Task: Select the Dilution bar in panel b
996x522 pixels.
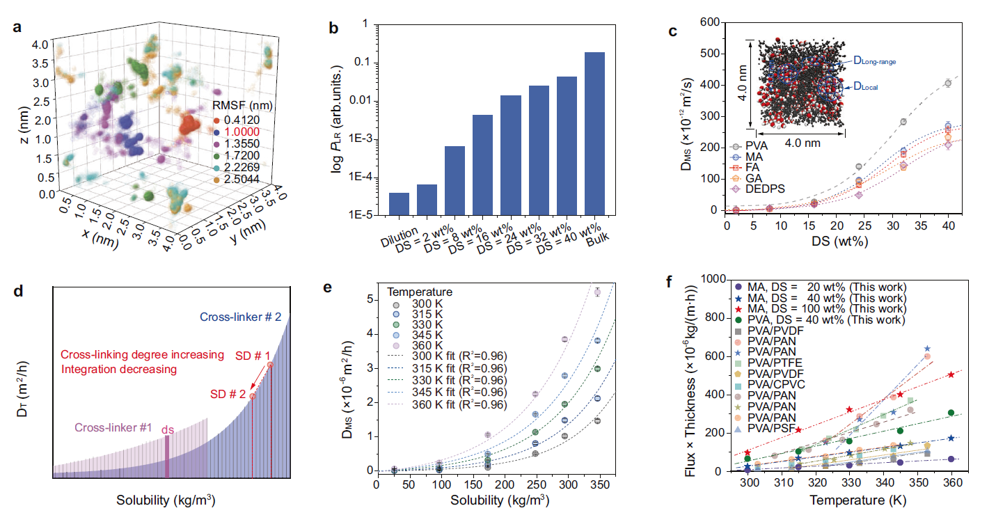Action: [399, 203]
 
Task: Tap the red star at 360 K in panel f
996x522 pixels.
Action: [951, 374]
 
